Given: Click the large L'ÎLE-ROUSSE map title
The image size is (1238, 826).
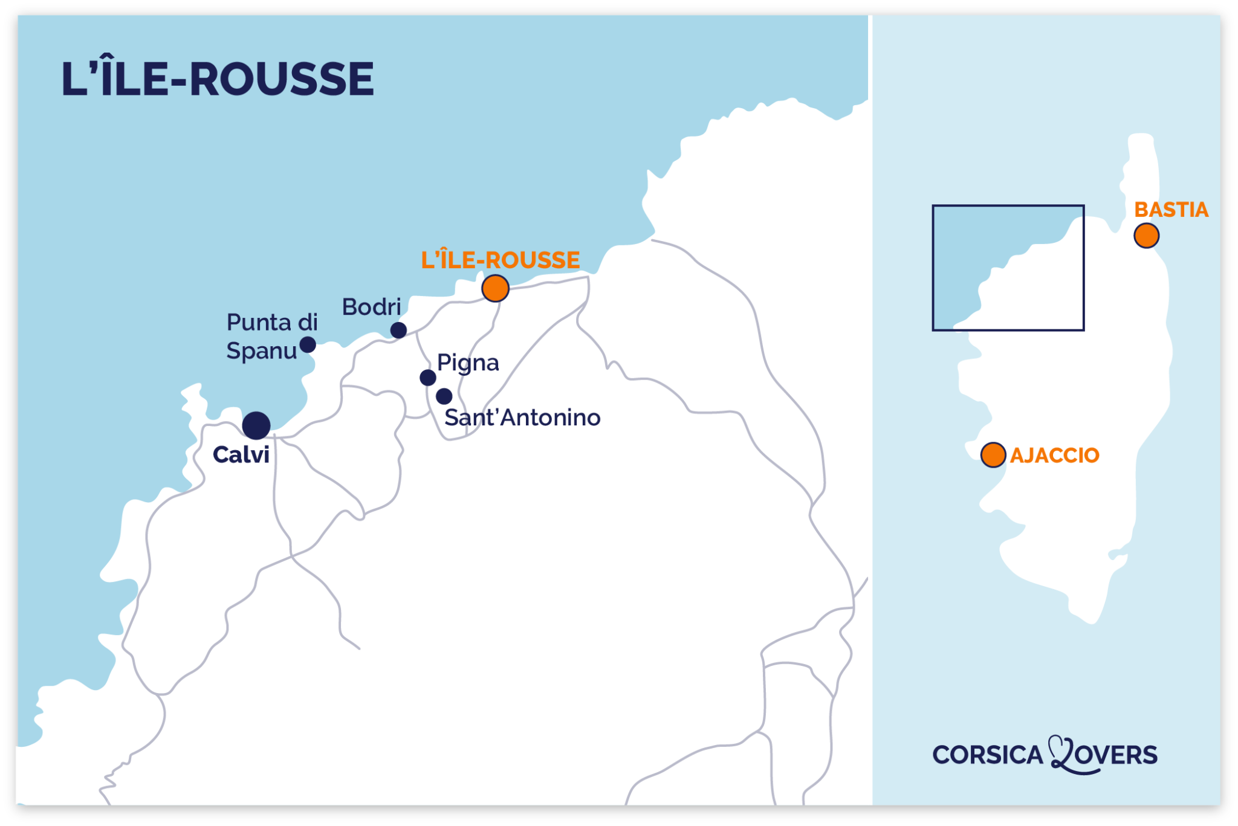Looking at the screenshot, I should click(x=218, y=79).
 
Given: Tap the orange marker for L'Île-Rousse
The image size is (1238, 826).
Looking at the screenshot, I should click(x=495, y=288).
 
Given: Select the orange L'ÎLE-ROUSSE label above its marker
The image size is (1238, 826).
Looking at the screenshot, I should click(x=501, y=260).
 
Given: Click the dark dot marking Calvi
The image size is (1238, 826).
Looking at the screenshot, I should click(x=256, y=425).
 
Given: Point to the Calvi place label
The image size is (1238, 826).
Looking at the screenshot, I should click(x=241, y=455).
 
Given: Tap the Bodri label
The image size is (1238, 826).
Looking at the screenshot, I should click(x=371, y=307).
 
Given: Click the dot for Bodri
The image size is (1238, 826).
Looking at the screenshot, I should click(x=398, y=330).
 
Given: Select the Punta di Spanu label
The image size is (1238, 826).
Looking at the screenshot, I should click(x=271, y=337).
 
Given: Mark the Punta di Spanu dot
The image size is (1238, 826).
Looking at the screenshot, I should click(x=308, y=344).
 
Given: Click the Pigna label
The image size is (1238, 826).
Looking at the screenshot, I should click(x=468, y=363).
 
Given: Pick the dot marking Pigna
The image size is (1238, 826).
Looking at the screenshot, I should click(x=428, y=378).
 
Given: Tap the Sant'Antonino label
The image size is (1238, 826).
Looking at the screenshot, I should click(x=522, y=418).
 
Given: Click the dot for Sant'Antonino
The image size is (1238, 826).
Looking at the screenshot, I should click(x=444, y=396).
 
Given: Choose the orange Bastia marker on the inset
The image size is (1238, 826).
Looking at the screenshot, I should click(x=1146, y=236).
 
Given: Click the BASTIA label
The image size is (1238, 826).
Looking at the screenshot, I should click(x=1171, y=210).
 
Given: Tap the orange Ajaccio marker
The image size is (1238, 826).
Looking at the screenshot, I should click(x=993, y=455).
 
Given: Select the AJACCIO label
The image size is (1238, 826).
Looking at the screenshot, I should click(x=1054, y=455).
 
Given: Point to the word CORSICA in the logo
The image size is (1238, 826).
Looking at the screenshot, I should click(x=988, y=755).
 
